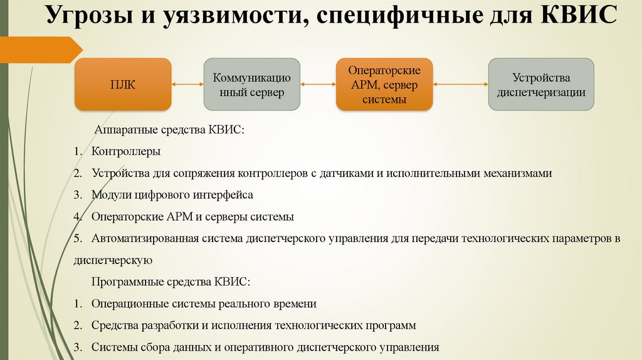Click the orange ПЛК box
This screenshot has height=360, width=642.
[x=123, y=85]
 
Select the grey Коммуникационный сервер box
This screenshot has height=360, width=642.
[x=251, y=85]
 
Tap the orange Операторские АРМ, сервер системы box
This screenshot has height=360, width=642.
[x=384, y=85]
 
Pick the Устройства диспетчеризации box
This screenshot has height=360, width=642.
[x=541, y=85]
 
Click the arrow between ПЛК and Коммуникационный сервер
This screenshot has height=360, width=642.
[x=187, y=85]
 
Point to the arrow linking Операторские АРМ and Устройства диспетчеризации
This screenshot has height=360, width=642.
[x=460, y=84]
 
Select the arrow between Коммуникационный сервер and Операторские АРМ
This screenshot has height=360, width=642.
[x=318, y=84]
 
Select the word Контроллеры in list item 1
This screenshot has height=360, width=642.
[x=126, y=151]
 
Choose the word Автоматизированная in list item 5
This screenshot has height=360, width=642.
[x=145, y=239]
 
